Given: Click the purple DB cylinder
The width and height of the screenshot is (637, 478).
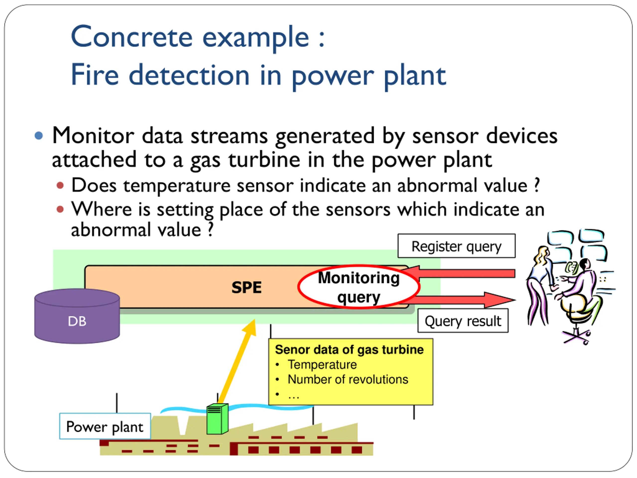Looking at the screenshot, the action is pyautogui.click(x=77, y=316).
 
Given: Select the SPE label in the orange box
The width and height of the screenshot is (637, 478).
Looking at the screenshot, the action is pyautogui.click(x=247, y=288).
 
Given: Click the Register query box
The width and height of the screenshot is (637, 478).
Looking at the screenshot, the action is pyautogui.click(x=456, y=246).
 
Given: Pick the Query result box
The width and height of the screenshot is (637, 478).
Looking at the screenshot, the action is pyautogui.click(x=463, y=321).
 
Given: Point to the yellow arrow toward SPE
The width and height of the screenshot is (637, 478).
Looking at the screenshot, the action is pyautogui.click(x=237, y=361).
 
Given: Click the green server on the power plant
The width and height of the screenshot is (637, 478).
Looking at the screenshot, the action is pyautogui.click(x=217, y=419).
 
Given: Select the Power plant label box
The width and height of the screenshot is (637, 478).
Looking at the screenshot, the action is pyautogui.click(x=105, y=426).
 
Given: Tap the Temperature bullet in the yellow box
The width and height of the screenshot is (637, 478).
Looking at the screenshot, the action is pyautogui.click(x=322, y=364).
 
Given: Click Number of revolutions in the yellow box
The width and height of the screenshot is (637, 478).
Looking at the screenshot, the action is pyautogui.click(x=348, y=379).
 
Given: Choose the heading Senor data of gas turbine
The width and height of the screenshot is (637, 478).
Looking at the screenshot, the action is pyautogui.click(x=349, y=350).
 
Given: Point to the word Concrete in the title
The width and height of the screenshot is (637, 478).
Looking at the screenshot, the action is pyautogui.click(x=132, y=37).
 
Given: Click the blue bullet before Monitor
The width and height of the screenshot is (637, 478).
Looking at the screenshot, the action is pyautogui.click(x=39, y=135).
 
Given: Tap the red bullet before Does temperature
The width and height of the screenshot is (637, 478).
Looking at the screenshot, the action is pyautogui.click(x=60, y=185).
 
